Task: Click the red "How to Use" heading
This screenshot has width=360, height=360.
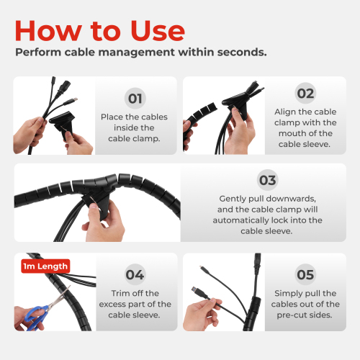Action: [100, 31]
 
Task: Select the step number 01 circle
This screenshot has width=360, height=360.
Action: [135, 99]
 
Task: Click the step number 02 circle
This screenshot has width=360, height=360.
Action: [305, 93]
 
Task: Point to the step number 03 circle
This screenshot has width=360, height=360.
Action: [268, 180]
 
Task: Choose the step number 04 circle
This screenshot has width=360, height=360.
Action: [135, 274]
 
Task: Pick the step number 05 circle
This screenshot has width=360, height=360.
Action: [305, 274]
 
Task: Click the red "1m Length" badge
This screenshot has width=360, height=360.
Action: [45, 266]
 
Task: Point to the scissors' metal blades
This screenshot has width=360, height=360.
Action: [60, 296]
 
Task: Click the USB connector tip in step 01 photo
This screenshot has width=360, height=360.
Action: [76, 99]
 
